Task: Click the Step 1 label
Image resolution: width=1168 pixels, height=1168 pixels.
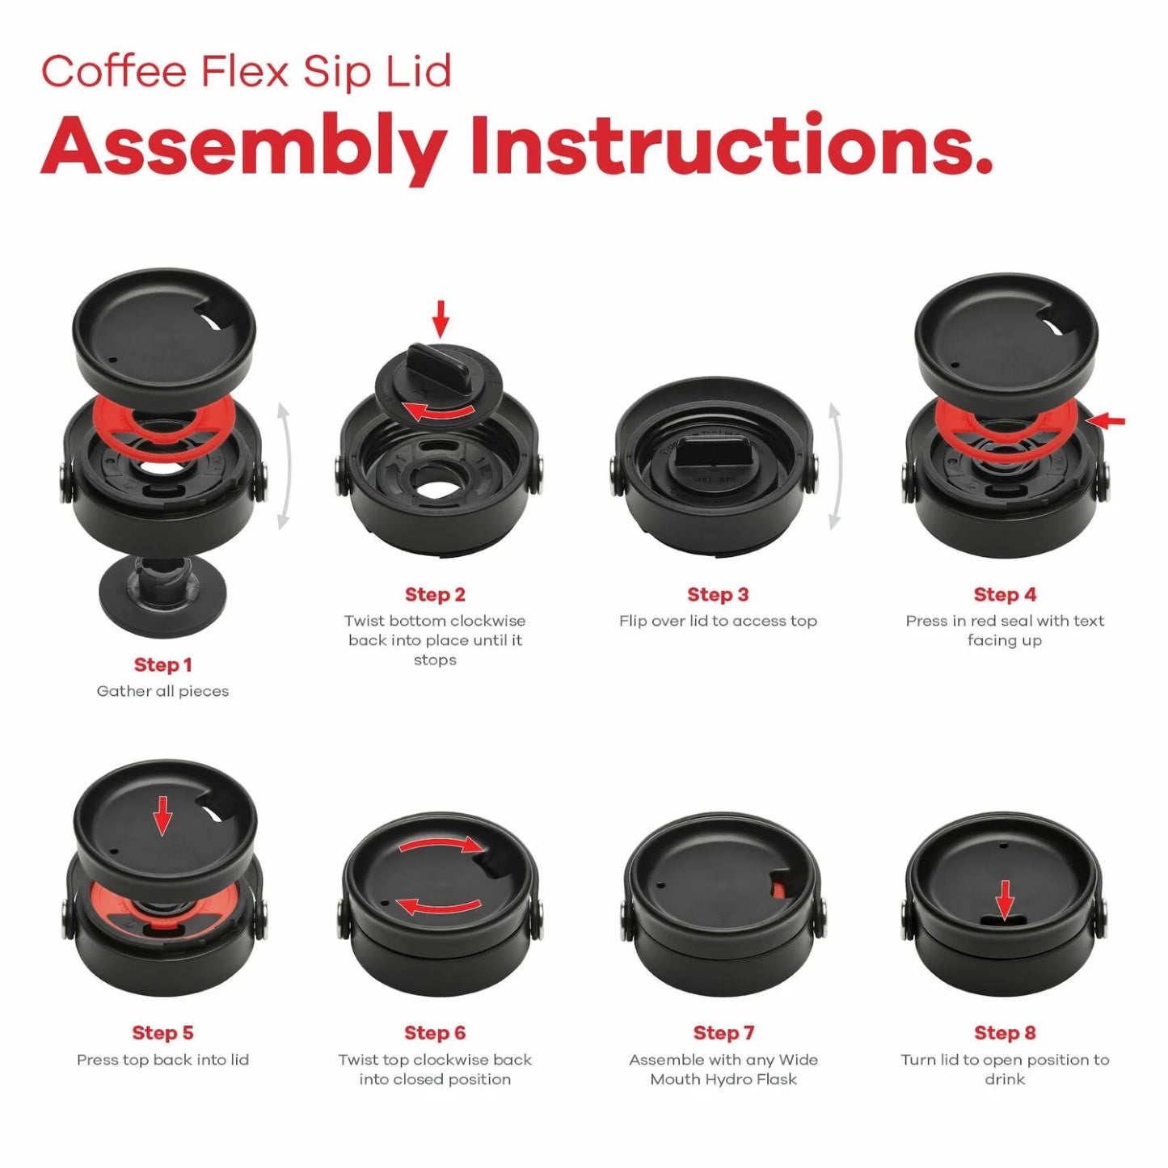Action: coord(162,664)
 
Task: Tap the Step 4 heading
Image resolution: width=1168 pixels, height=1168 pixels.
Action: coord(1005,594)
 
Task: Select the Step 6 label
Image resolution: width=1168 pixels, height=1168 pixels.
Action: coord(435,1032)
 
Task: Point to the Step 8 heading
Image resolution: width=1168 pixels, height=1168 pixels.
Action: coord(1005,1032)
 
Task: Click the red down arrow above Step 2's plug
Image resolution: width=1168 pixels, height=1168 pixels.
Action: coord(441,318)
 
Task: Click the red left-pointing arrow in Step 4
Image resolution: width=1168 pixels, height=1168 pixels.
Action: coord(1105,420)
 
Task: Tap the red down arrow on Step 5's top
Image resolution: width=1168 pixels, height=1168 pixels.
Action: coord(162,816)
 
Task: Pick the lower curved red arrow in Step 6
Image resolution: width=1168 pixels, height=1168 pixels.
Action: coord(437,907)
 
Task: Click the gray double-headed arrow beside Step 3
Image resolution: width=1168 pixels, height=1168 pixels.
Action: coord(835,466)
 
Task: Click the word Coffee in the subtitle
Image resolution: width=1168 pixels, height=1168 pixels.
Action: coord(114,71)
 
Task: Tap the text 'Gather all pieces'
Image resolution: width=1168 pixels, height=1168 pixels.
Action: coord(162,691)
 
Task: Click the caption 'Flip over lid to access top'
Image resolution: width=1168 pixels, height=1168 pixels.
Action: coord(718,621)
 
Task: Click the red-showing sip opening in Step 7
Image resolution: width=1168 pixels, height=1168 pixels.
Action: coord(779,888)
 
